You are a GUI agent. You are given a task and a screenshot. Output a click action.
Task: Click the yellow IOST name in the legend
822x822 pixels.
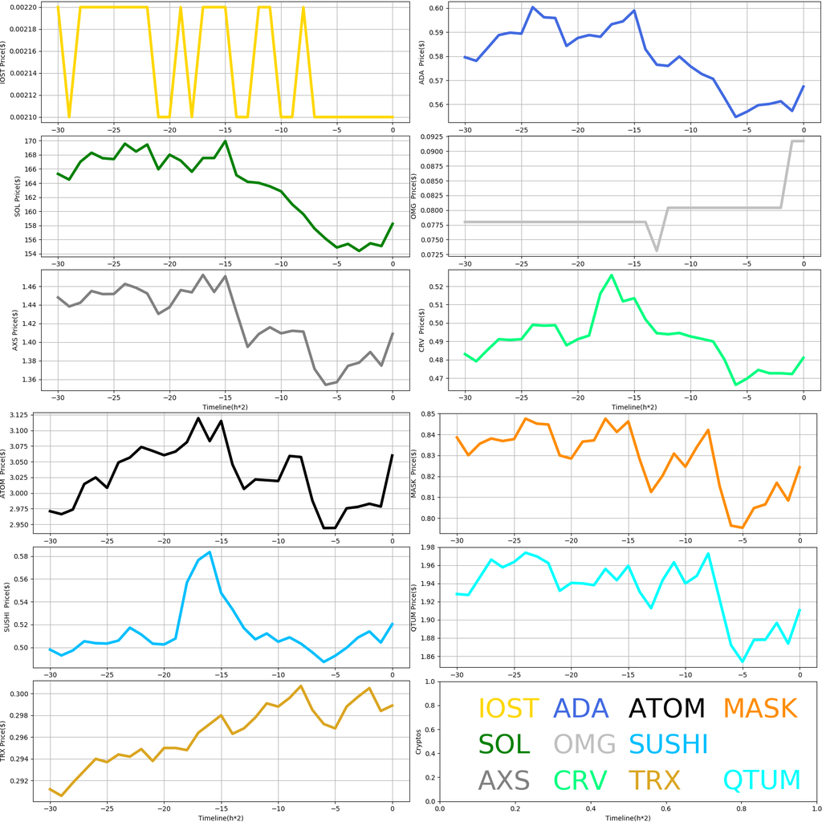pos(508,709)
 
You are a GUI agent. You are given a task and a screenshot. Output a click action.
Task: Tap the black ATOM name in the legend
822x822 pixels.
pos(667,709)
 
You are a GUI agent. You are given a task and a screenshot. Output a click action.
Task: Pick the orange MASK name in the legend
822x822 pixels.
pos(759,709)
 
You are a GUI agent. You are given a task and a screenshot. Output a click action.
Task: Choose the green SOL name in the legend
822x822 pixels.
pos(504,744)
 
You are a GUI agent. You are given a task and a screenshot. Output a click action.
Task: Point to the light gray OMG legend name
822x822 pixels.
pos(584,744)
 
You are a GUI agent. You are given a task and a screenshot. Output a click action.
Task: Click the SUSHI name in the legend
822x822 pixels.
pos(668,744)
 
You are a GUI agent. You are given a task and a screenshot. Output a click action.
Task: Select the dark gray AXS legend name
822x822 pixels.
pos(504,780)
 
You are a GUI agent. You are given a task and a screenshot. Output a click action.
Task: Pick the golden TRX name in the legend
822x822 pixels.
pos(654,780)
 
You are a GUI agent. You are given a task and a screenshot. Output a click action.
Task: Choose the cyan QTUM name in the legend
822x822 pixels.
pos(762,780)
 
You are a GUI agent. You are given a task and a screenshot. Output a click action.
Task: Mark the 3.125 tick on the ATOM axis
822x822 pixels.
pos(26,415)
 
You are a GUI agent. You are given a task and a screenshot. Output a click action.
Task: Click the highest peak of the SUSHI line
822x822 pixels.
pos(210,551)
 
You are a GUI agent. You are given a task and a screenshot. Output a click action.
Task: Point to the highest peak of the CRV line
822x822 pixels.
pos(612,275)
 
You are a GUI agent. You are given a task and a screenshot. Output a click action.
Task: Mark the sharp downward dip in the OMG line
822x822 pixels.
pos(657,251)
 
